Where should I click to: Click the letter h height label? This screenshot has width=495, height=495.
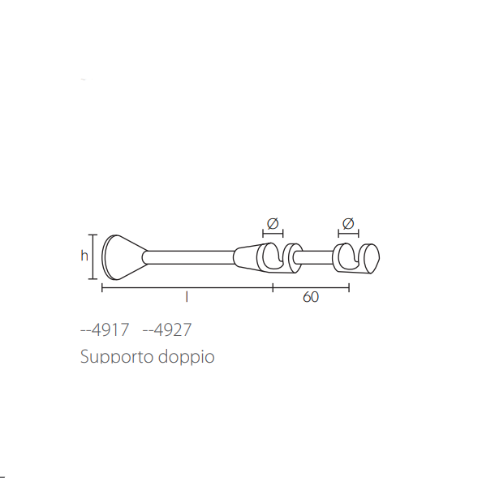[x=84, y=256]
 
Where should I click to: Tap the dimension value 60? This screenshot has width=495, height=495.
[x=311, y=297]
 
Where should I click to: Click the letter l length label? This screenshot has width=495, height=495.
[x=187, y=297]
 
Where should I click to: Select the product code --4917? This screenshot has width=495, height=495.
[x=105, y=329]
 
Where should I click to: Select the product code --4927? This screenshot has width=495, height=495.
[x=167, y=329]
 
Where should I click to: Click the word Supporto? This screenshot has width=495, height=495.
[x=117, y=357]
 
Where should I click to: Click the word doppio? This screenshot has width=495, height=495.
[x=187, y=356]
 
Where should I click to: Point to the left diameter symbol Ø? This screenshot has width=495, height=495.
[x=273, y=223]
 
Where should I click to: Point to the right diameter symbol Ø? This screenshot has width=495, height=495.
[x=348, y=223]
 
